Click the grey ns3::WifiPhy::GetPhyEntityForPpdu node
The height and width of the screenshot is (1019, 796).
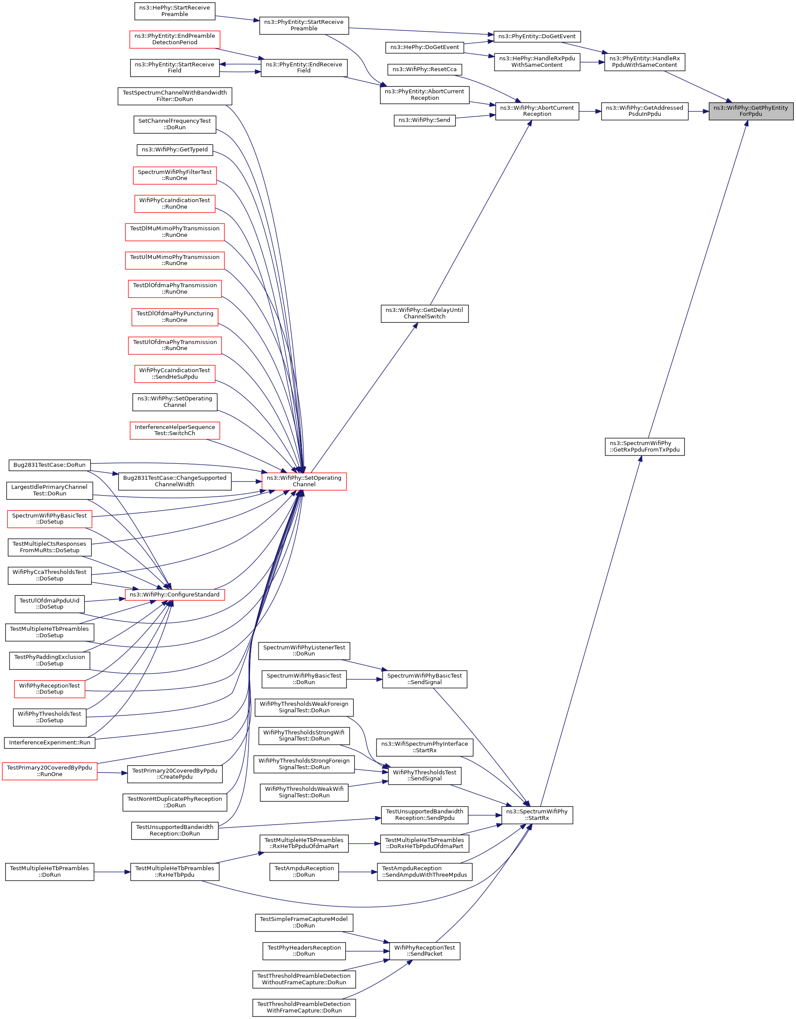pyautogui.click(x=750, y=111)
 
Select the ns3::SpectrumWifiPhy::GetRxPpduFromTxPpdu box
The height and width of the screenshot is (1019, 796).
pyautogui.click(x=644, y=446)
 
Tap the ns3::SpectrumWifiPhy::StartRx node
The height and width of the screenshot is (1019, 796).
pyautogui.click(x=537, y=815)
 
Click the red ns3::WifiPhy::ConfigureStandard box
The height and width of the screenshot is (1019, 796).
pyautogui.click(x=174, y=594)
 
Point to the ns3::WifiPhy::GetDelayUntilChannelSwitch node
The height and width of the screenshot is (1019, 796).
pyautogui.click(x=424, y=313)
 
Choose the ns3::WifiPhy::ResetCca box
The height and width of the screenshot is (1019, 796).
pyautogui.click(x=424, y=69)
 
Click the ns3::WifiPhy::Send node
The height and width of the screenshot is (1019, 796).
pyautogui.click(x=424, y=120)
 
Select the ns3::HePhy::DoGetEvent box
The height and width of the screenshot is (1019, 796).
pyautogui.click(x=424, y=48)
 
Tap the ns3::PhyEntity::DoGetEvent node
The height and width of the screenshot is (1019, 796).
pyautogui.click(x=537, y=36)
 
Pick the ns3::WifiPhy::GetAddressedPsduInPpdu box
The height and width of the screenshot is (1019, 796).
pyautogui.click(x=644, y=111)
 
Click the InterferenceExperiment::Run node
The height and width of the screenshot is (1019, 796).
pyautogui.click(x=49, y=742)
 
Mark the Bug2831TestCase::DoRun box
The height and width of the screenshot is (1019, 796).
pyautogui.click(x=49, y=465)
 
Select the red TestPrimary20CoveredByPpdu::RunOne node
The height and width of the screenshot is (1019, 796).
pyautogui.click(x=49, y=771)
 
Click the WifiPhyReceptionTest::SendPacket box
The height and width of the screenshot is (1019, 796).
pyautogui.click(x=424, y=951)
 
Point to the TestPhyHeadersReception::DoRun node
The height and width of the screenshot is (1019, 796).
pyautogui.click(x=304, y=951)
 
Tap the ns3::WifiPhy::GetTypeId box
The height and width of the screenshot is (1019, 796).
pyautogui.click(x=174, y=150)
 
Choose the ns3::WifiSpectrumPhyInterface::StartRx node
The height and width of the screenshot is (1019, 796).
pyautogui.click(x=424, y=747)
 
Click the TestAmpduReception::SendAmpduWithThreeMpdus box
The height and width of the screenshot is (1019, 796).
pyautogui.click(x=424, y=872)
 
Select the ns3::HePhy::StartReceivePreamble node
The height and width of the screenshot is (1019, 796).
pyautogui.click(x=174, y=11)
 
